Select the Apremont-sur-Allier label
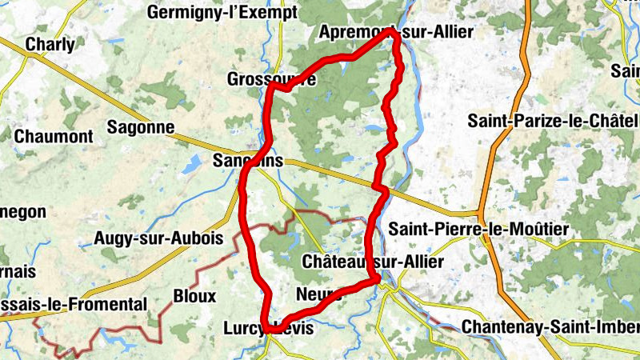396,32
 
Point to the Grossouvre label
271,80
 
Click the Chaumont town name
54,136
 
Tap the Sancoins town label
248,161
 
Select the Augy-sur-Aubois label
147,238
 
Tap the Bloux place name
194,296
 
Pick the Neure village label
318,294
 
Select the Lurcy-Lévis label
270,328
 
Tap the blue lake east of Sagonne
192,164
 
